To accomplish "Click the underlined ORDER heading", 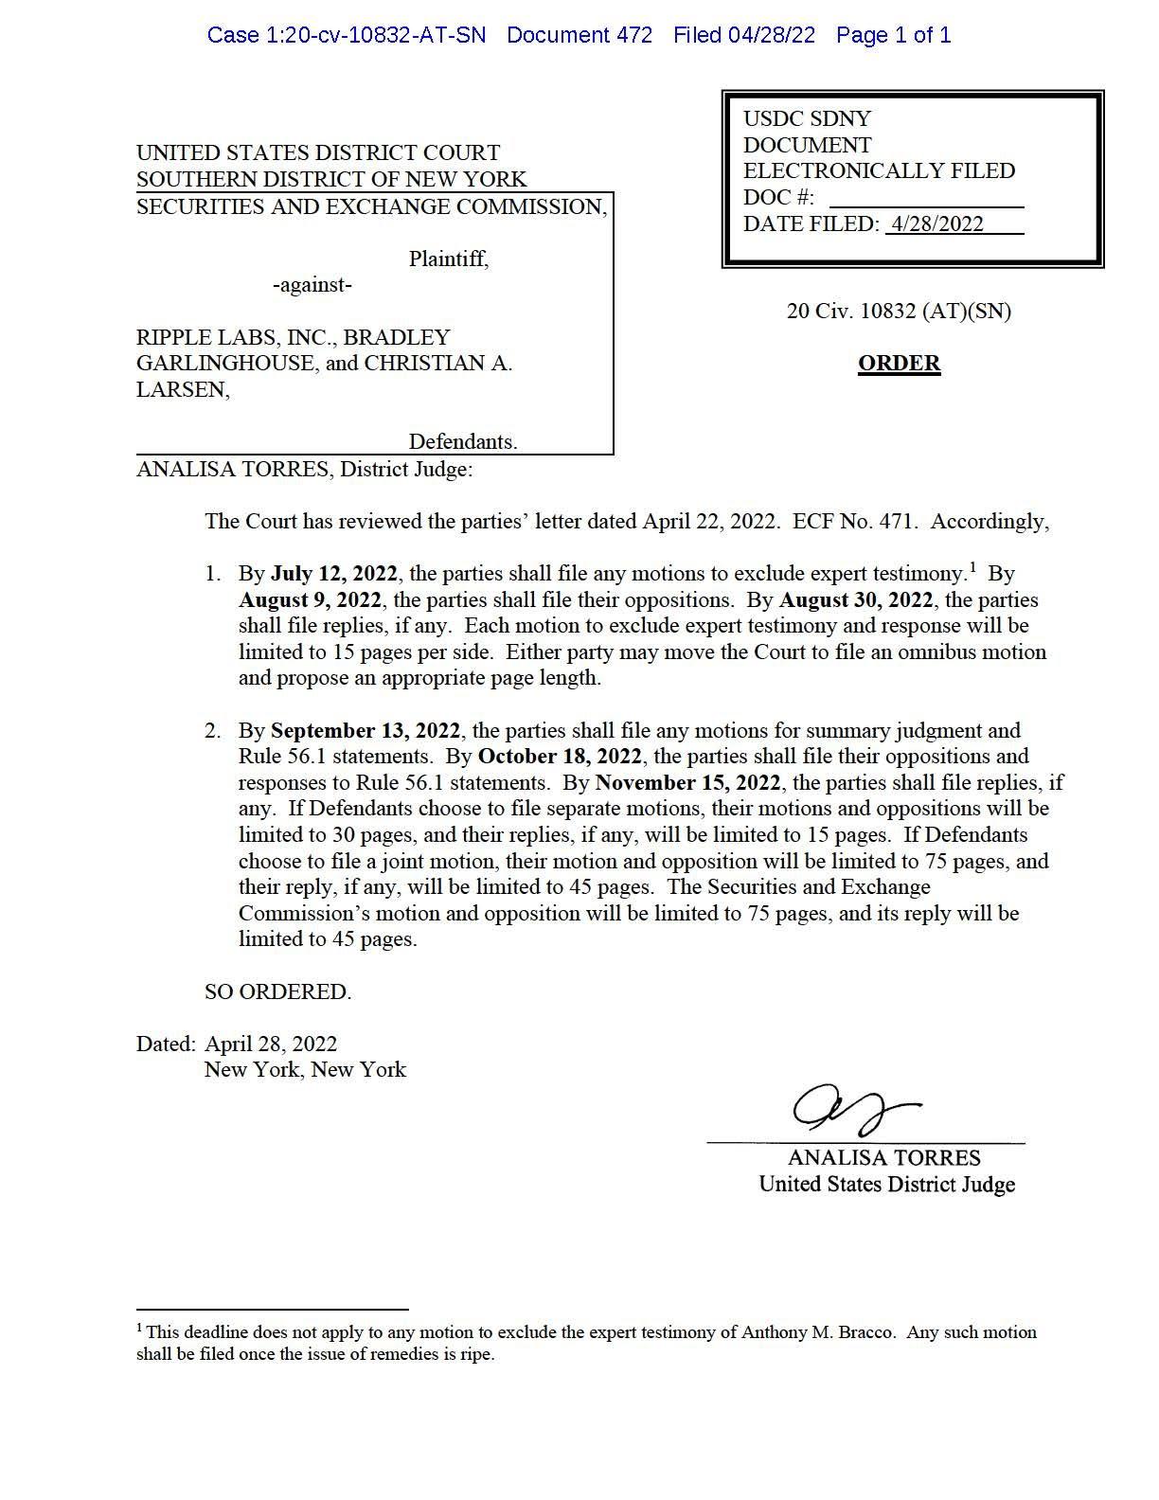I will [899, 364].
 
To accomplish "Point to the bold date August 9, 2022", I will [310, 600].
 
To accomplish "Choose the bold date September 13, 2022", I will [366, 731].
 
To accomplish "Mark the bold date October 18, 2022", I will [560, 757].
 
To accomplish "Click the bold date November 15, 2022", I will [687, 783].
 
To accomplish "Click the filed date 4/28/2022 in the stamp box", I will [936, 224].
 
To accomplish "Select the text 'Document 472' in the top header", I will [579, 36].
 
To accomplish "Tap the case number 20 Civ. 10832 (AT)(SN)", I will [899, 312].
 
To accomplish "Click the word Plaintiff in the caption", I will [448, 259].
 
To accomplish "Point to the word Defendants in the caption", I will [462, 442].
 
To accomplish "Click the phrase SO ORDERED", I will [277, 992].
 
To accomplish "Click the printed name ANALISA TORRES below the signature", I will [883, 1158].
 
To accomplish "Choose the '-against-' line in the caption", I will [312, 285].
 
